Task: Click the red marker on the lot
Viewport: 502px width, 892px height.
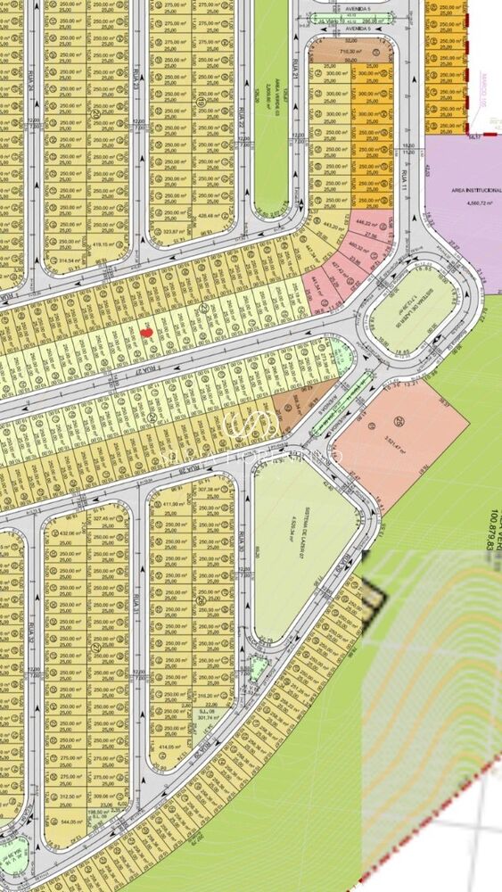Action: (x=148, y=332)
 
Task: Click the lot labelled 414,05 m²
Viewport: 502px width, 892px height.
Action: (x=169, y=747)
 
